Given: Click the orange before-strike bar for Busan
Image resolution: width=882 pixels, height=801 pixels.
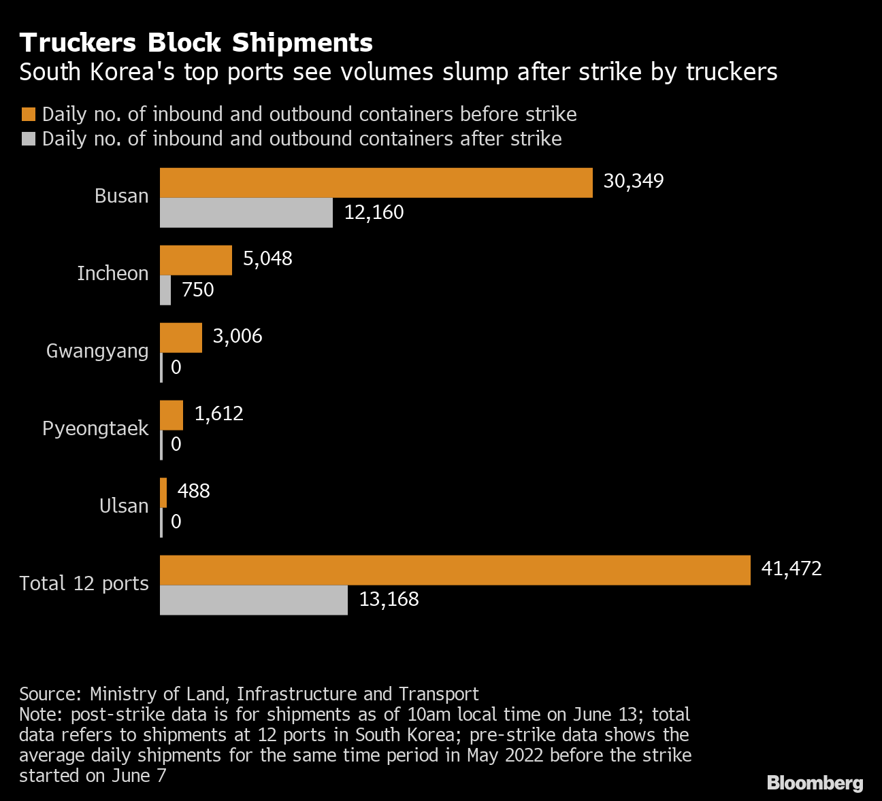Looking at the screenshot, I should [x=376, y=183].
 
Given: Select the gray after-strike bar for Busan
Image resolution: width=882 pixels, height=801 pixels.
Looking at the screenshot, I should [x=246, y=213].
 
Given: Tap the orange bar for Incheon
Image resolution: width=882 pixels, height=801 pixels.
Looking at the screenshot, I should [x=196, y=260].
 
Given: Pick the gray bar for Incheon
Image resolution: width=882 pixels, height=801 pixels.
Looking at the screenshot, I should [x=165, y=290].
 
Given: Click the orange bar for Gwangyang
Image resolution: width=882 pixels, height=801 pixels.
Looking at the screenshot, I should [x=181, y=338].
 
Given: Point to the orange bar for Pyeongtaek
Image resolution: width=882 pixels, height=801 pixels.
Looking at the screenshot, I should [x=171, y=415].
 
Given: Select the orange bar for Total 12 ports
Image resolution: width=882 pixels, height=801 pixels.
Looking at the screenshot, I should [x=455, y=570].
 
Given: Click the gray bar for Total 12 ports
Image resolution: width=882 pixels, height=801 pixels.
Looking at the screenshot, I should [x=253, y=600].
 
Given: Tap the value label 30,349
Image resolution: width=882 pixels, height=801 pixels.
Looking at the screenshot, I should [x=633, y=182].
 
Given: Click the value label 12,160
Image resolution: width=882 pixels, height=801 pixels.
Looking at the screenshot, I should [x=374, y=213].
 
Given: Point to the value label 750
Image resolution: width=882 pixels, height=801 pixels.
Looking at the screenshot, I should [x=197, y=290].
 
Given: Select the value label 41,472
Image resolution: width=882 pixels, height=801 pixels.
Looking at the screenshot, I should [x=791, y=569].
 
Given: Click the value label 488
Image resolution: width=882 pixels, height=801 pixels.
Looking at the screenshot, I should [x=193, y=492].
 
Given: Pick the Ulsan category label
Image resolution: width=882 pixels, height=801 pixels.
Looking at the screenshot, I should [x=123, y=507].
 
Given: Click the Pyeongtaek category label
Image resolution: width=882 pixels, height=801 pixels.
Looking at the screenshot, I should [x=95, y=429].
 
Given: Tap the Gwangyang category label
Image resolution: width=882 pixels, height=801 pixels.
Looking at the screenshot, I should [x=97, y=352].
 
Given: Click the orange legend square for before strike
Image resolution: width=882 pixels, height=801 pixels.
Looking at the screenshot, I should [x=29, y=114].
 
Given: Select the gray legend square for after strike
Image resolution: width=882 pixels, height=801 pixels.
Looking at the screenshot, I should [x=29, y=139].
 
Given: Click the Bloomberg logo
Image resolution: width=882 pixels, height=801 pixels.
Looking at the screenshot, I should [x=815, y=783].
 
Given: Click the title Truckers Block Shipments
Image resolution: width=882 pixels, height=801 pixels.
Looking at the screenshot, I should [x=196, y=43].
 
